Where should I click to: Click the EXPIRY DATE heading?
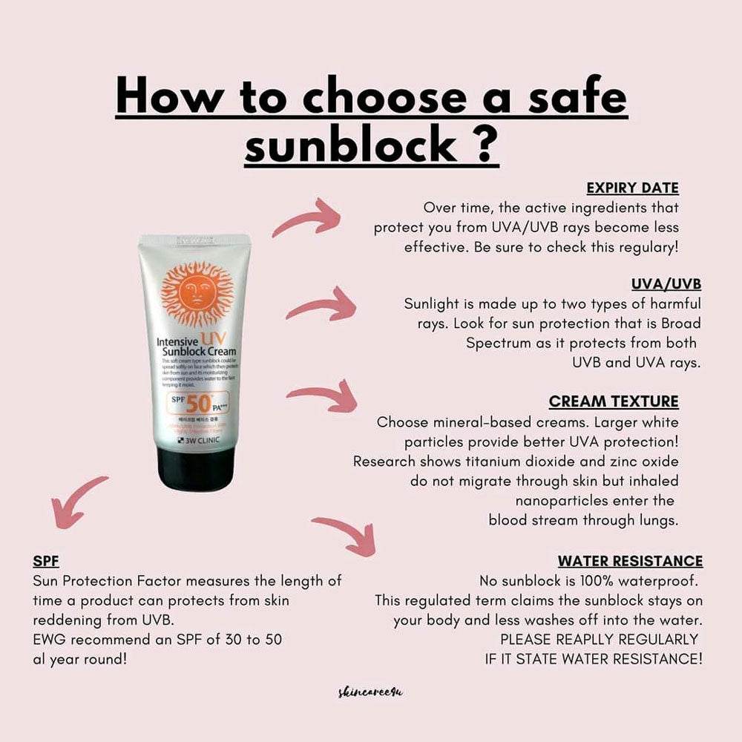click(x=632, y=188)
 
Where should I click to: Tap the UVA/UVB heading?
click(x=666, y=284)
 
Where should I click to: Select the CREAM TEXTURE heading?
click(x=614, y=401)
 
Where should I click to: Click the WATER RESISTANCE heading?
click(x=630, y=561)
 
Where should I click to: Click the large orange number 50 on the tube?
click(x=199, y=404)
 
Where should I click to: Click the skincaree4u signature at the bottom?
click(x=370, y=692)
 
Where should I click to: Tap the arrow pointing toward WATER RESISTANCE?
click(x=344, y=532)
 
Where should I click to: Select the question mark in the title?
click(x=483, y=143)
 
